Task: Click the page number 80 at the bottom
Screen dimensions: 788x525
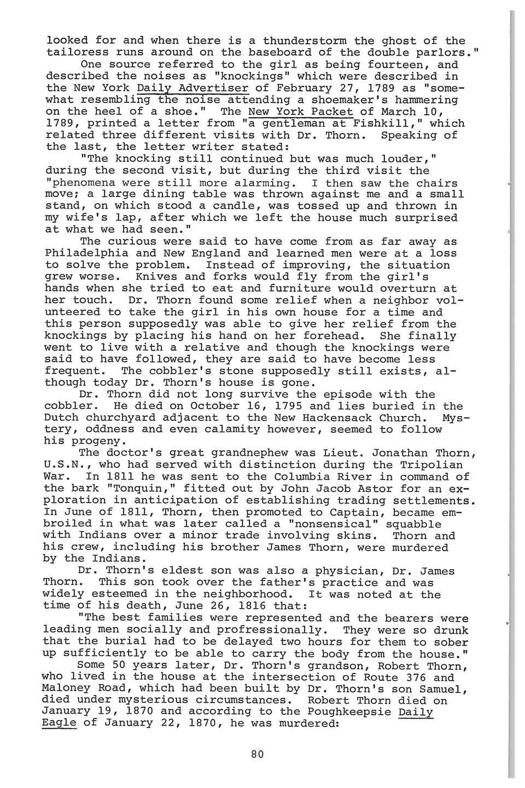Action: [x=258, y=754]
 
